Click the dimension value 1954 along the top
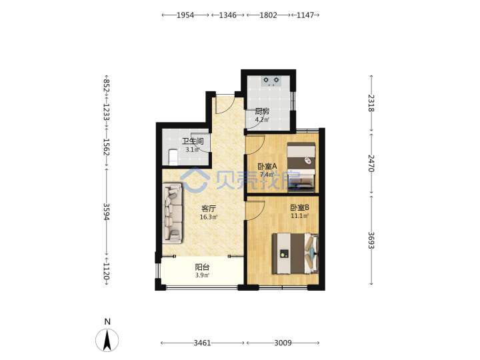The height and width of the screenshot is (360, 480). pyautogui.click(x=185, y=15)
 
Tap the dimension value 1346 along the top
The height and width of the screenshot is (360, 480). pyautogui.click(x=227, y=15)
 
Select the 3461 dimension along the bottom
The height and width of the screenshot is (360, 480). pyautogui.click(x=202, y=343)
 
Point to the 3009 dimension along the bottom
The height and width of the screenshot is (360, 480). pyautogui.click(x=283, y=343)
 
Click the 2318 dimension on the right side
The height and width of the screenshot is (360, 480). pyautogui.click(x=371, y=103)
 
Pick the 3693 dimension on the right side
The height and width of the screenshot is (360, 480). pyautogui.click(x=371, y=240)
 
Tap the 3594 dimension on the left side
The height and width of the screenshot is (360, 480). pyautogui.click(x=106, y=212)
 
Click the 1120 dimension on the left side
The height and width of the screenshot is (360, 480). pyautogui.click(x=106, y=271)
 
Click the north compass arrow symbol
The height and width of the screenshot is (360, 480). pyautogui.click(x=107, y=340)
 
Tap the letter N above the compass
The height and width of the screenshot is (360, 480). pyautogui.click(x=107, y=322)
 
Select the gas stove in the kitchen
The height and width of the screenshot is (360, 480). pyautogui.click(x=271, y=81)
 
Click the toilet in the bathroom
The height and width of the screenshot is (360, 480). pyautogui.click(x=173, y=157)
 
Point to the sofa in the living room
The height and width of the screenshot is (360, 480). pyautogui.click(x=173, y=213)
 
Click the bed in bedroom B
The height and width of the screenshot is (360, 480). pyautogui.click(x=295, y=253)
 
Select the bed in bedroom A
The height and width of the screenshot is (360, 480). pyautogui.click(x=301, y=167)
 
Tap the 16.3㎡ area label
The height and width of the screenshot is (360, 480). pyautogui.click(x=209, y=217)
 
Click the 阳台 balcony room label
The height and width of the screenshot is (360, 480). pyautogui.click(x=202, y=267)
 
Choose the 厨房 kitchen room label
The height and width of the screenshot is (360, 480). pyautogui.click(x=262, y=111)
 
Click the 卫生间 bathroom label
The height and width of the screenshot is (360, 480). pyautogui.click(x=193, y=141)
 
